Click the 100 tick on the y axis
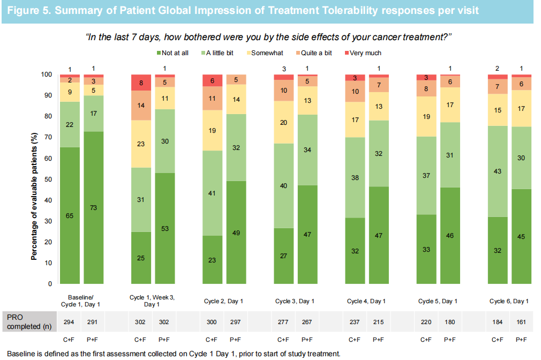click(46, 74)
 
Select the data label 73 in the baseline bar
click(93, 207)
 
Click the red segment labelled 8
click(141, 82)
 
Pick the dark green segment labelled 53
click(165, 228)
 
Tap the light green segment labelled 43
click(498, 171)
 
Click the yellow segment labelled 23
click(141, 144)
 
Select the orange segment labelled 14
click(141, 106)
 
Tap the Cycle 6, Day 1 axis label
click(509, 301)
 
